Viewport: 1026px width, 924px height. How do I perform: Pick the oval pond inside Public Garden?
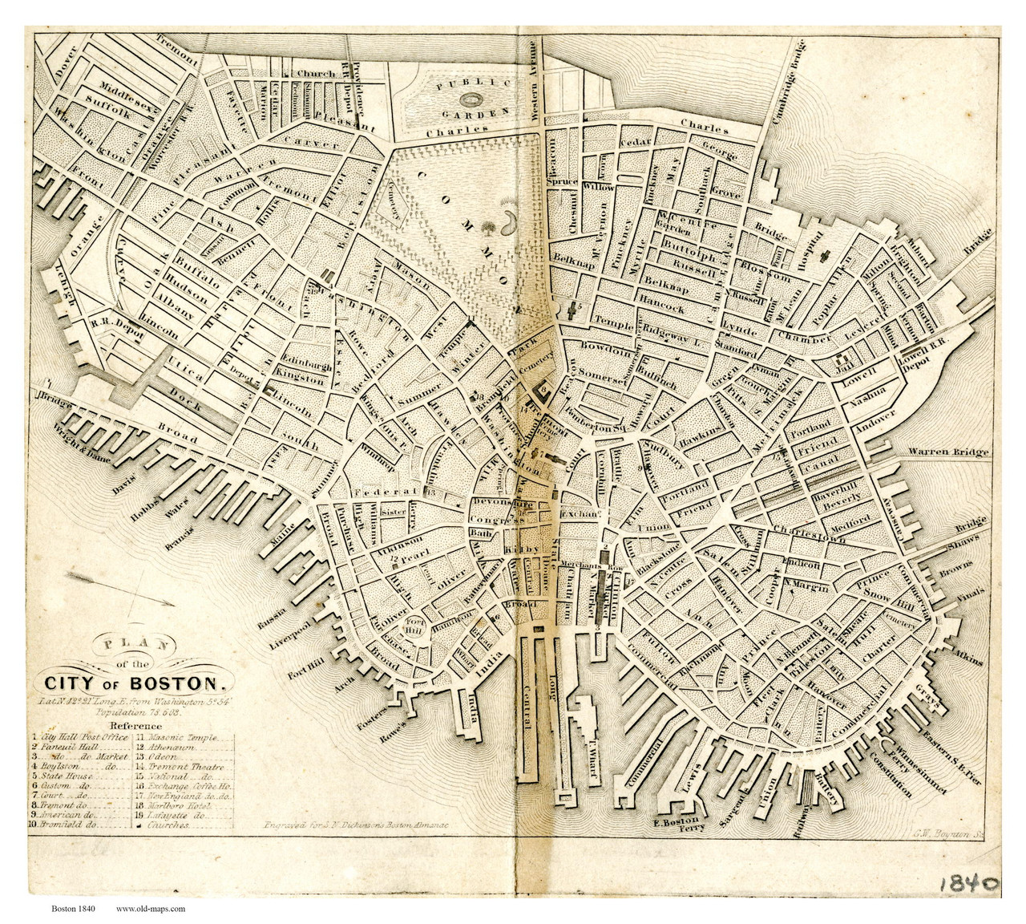pos(470,99)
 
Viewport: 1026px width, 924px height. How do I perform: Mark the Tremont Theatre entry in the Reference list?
pos(179,766)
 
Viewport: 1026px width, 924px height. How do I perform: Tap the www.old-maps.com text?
pos(151,909)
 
